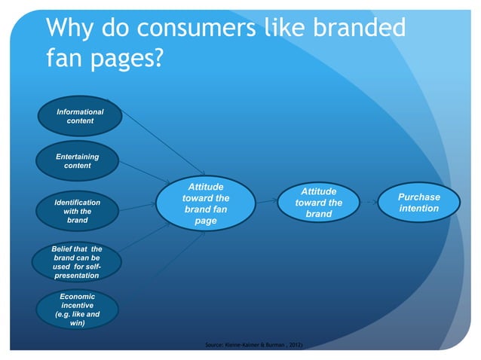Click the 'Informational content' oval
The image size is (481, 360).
(x=75, y=117)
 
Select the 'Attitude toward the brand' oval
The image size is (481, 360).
(x=318, y=203)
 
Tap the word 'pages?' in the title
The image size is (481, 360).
(x=126, y=58)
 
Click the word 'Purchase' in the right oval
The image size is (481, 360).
(x=418, y=197)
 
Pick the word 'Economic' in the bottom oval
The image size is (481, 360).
(x=77, y=297)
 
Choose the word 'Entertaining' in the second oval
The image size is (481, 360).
(x=77, y=156)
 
